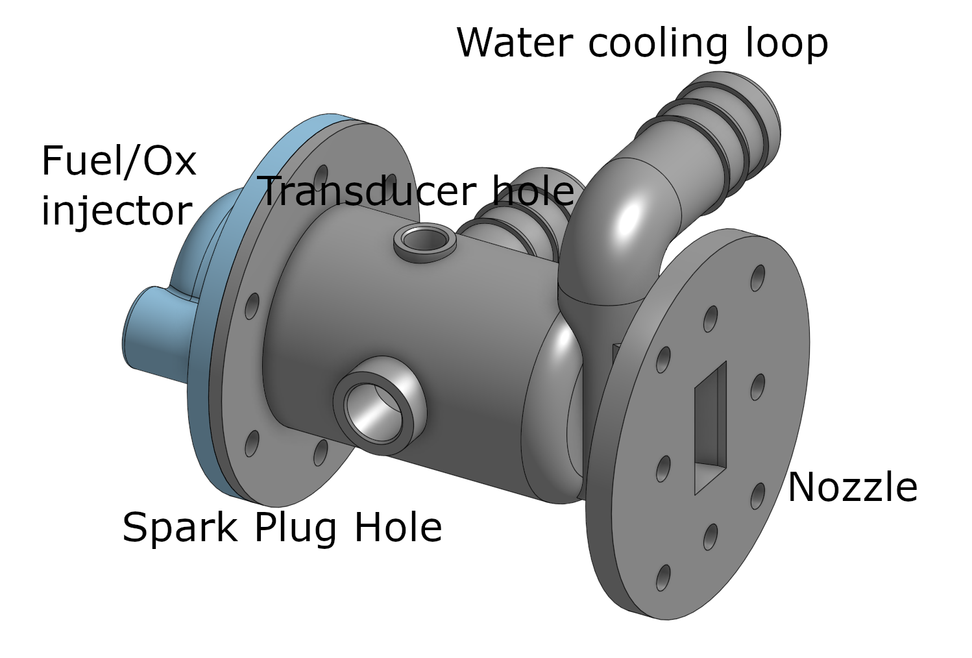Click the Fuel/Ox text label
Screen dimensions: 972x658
tap(119, 160)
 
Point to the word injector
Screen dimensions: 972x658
tap(116, 212)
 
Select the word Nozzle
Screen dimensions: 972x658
tap(852, 487)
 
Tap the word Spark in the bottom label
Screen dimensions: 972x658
tap(180, 528)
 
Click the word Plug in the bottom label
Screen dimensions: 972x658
tap(295, 528)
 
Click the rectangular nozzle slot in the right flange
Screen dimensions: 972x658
tap(711, 428)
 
